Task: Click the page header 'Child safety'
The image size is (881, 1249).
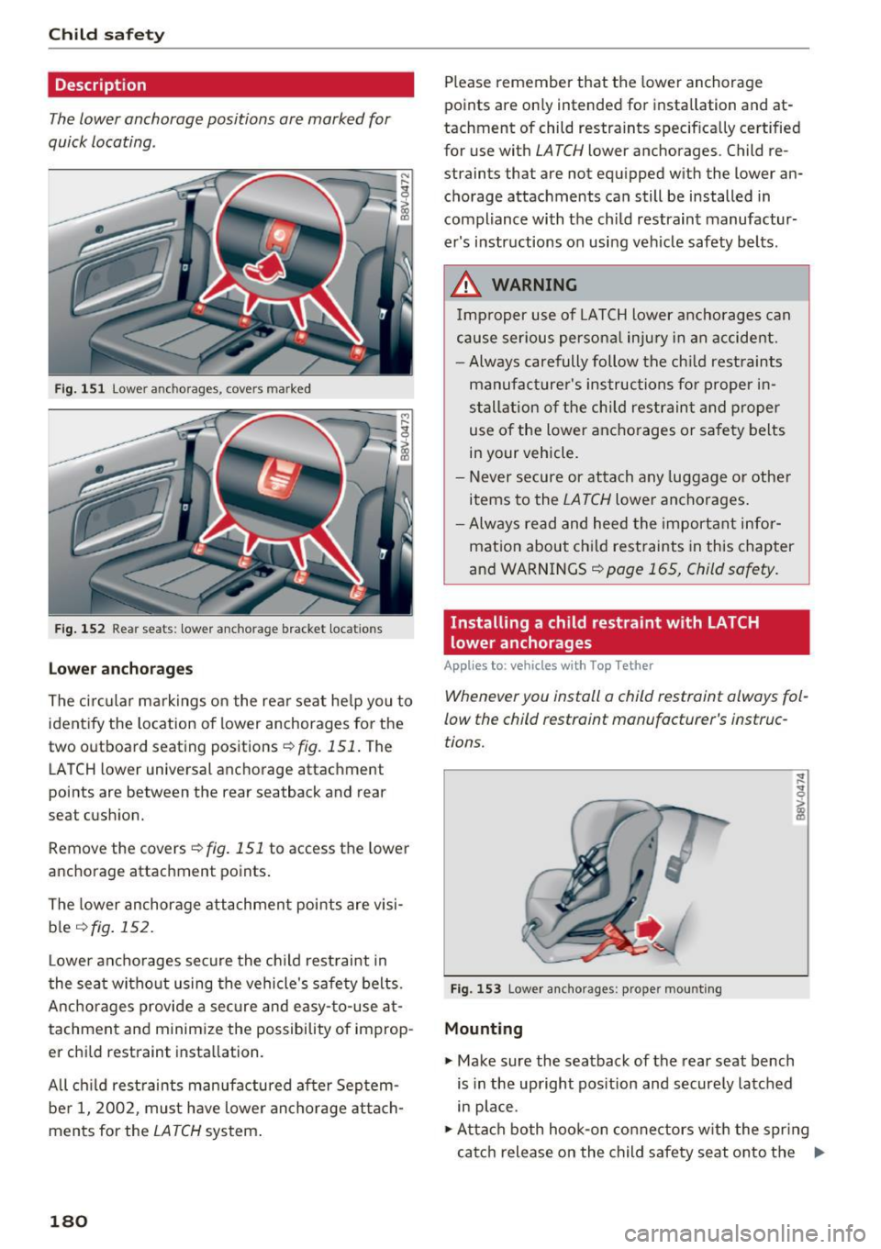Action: [x=106, y=35]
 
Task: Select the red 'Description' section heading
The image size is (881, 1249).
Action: [x=100, y=85]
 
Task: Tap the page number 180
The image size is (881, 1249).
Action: [x=68, y=1221]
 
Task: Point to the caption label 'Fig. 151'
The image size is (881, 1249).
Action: [x=80, y=389]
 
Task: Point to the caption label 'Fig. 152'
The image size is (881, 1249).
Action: [x=80, y=630]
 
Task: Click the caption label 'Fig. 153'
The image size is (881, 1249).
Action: [x=475, y=989]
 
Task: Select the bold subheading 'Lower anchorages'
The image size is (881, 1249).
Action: [x=120, y=669]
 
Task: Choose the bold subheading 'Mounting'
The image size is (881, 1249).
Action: [x=483, y=1029]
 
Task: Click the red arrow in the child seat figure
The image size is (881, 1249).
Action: [x=650, y=928]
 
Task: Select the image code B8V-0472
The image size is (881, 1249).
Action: [x=405, y=198]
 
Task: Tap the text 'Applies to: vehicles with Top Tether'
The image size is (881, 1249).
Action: [x=548, y=666]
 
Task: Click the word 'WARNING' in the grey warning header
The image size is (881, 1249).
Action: [x=534, y=284]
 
